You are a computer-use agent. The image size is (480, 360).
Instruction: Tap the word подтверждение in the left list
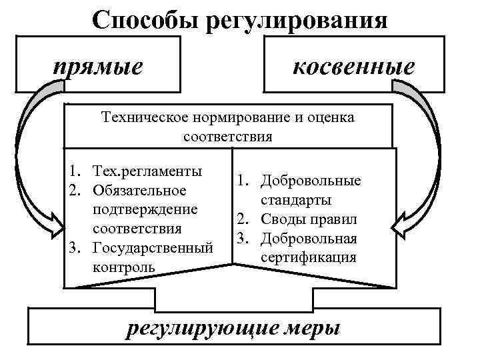coord(145,209)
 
